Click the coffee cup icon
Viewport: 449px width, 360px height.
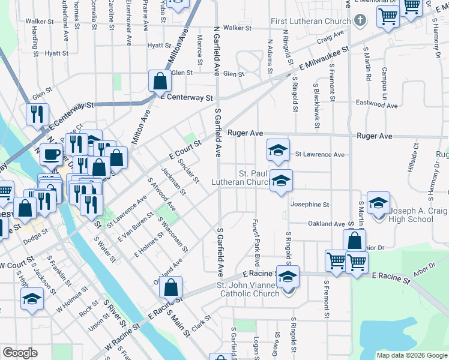[51, 155]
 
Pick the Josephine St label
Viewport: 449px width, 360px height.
[310, 205]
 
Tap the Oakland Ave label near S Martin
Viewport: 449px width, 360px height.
[326, 224]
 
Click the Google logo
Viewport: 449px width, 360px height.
[20, 353]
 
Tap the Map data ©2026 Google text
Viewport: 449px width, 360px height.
[411, 355]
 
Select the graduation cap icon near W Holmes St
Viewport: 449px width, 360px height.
[32, 299]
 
